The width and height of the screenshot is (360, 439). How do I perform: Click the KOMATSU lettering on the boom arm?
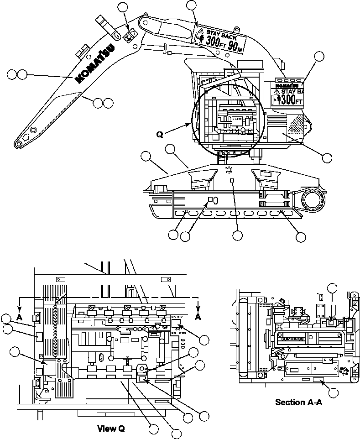tap(96, 63)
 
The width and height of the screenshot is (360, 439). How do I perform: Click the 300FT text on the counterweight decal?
tap(291, 99)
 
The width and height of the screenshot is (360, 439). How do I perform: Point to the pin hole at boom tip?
tap(18, 144)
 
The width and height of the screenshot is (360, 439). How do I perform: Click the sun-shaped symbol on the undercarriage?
tap(229, 170)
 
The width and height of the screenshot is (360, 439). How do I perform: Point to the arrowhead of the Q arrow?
tap(191, 123)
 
